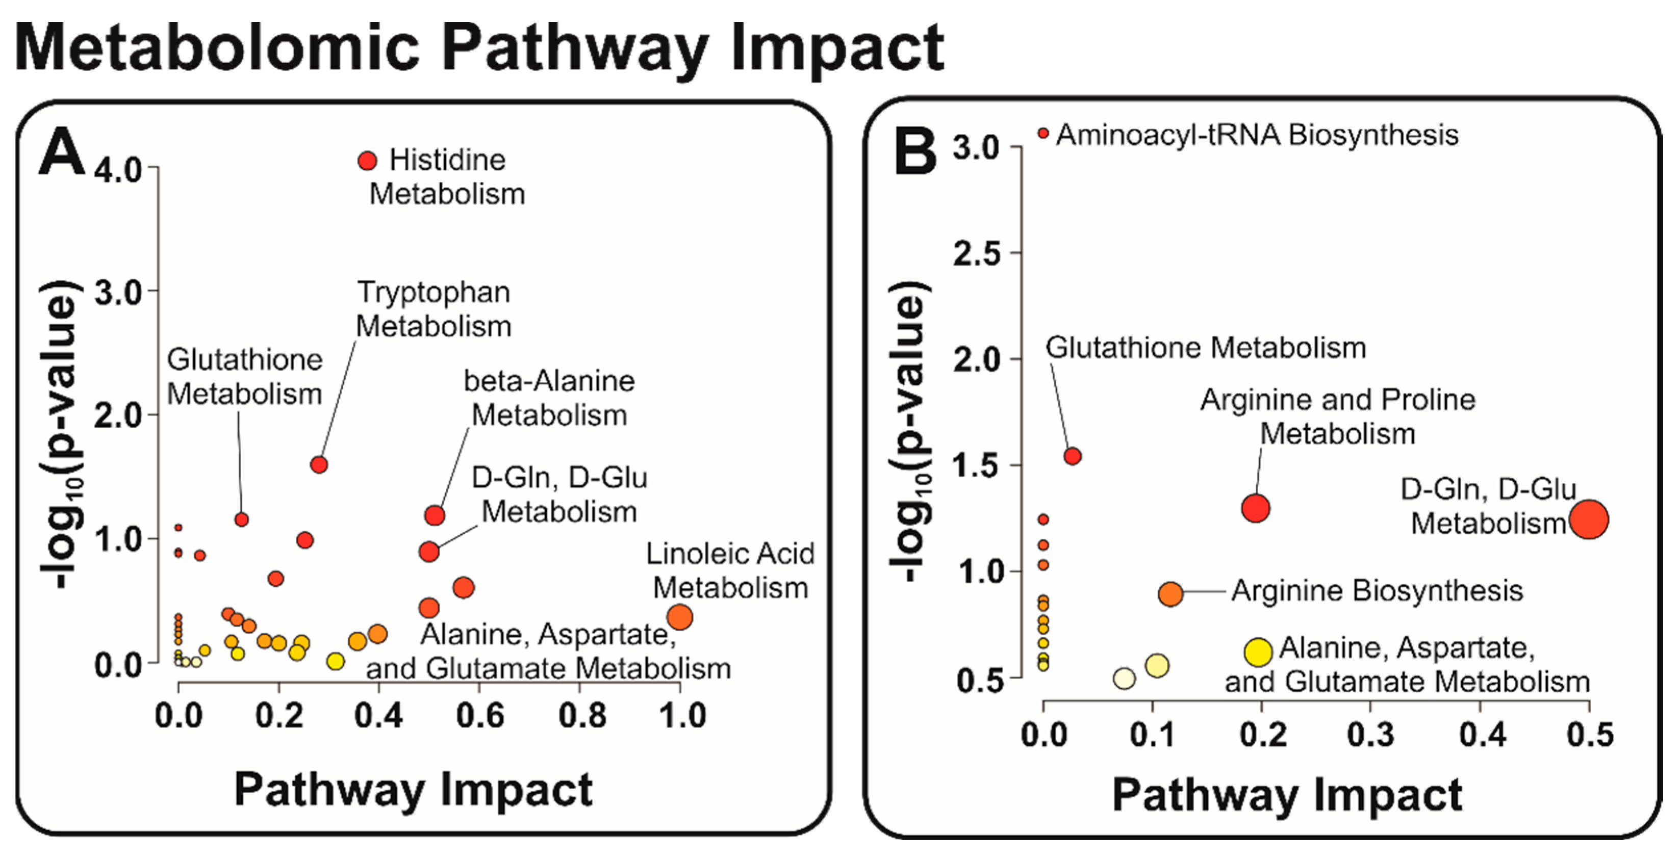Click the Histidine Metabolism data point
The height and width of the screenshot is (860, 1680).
point(367,161)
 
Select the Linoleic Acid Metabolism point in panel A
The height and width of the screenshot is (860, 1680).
point(679,617)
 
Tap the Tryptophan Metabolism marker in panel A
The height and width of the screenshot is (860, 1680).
point(319,465)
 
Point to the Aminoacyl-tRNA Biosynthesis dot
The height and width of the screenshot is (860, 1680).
point(1043,134)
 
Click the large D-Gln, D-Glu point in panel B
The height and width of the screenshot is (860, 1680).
point(1589,519)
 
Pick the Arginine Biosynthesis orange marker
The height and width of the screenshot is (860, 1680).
point(1170,594)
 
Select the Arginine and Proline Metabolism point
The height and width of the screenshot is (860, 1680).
point(1256,508)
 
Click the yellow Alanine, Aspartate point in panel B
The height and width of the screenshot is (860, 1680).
point(1258,651)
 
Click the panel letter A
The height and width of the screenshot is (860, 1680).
point(61,152)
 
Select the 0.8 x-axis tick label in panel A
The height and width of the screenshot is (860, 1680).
point(582,716)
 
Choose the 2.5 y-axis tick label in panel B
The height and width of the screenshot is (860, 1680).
point(976,254)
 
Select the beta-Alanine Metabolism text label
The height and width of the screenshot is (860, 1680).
point(549,398)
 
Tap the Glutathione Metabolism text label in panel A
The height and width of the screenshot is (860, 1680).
point(245,377)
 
